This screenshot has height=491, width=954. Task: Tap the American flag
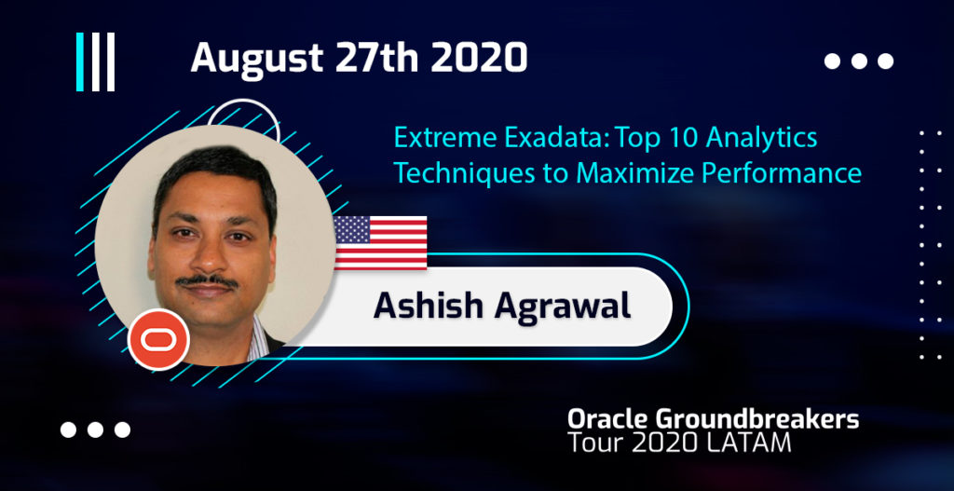[380, 243]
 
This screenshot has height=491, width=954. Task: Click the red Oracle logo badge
[158, 339]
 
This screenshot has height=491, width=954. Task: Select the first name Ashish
[429, 305]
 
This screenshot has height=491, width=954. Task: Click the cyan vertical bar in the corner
[80, 62]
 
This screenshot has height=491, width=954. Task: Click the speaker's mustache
[208, 281]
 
